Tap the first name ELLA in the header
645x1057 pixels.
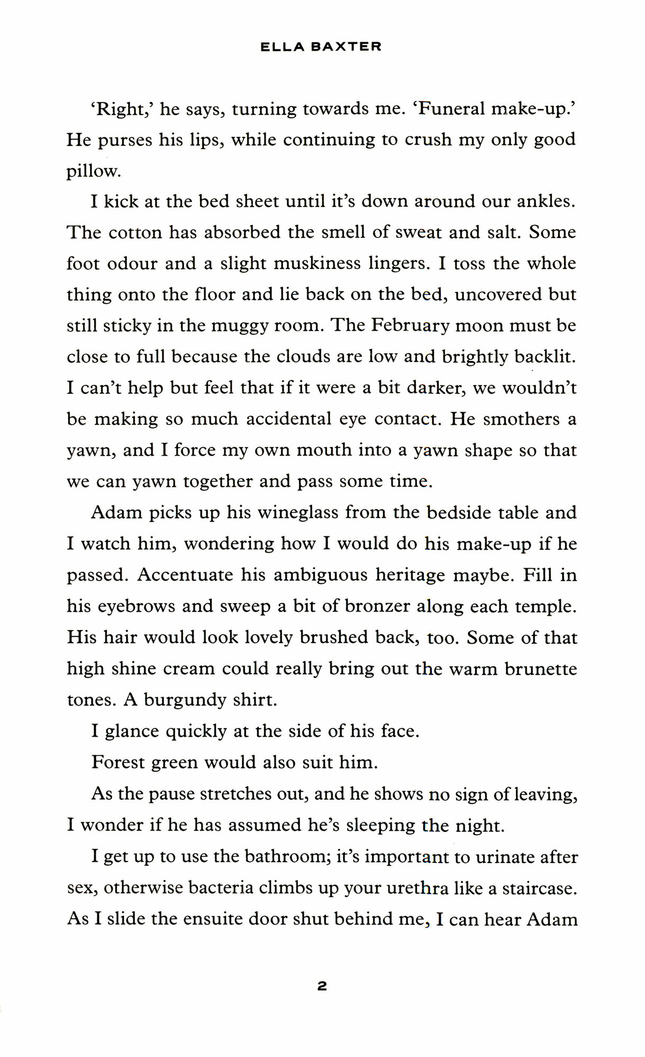(283, 47)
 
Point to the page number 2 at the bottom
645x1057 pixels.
(322, 986)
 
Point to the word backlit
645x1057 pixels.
(544, 357)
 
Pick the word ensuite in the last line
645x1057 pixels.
(214, 919)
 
